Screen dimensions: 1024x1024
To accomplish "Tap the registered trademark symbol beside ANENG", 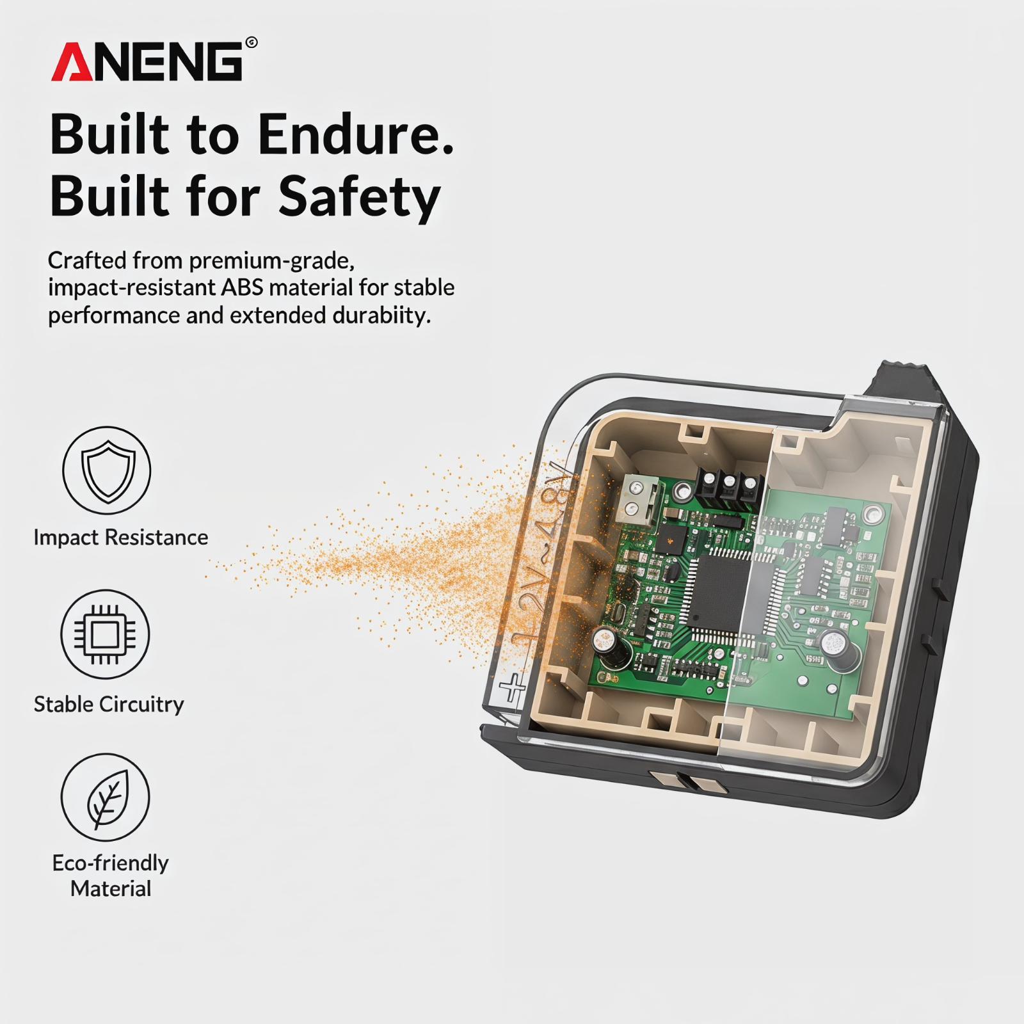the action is pyautogui.click(x=252, y=43).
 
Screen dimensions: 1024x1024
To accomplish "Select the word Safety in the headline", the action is pyautogui.click(x=360, y=197).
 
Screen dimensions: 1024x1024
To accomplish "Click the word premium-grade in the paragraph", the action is pyautogui.click(x=271, y=260).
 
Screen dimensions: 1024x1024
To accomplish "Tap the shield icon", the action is pyautogui.click(x=107, y=470).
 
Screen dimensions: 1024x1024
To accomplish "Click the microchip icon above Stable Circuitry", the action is pyautogui.click(x=105, y=634).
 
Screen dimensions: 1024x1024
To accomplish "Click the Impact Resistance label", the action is pyautogui.click(x=121, y=538).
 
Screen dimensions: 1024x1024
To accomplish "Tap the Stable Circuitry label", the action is pyautogui.click(x=109, y=704).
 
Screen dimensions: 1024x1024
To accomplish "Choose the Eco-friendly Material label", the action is pyautogui.click(x=111, y=876).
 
